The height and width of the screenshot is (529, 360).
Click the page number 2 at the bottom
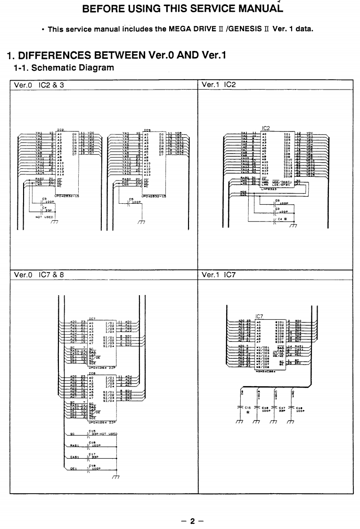coord(192,521)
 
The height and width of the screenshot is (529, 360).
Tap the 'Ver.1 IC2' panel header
coord(219,85)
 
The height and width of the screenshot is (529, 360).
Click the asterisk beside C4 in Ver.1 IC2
coord(285,219)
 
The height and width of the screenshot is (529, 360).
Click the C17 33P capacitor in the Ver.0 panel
coord(92,456)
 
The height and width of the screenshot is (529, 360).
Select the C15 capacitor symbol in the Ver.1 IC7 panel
coord(240,405)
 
